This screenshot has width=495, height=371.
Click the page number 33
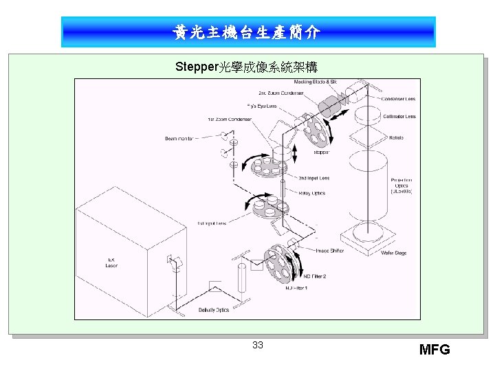tap(257, 345)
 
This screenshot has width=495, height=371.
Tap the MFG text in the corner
tap(434, 350)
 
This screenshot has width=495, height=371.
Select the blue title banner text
tap(247, 32)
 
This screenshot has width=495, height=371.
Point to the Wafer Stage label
tap(393, 253)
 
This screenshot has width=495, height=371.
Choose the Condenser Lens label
tap(399, 99)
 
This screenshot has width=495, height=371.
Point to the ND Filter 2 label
tap(314, 276)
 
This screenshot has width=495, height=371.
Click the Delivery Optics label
tap(213, 311)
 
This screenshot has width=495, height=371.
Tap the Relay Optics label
tap(312, 193)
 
